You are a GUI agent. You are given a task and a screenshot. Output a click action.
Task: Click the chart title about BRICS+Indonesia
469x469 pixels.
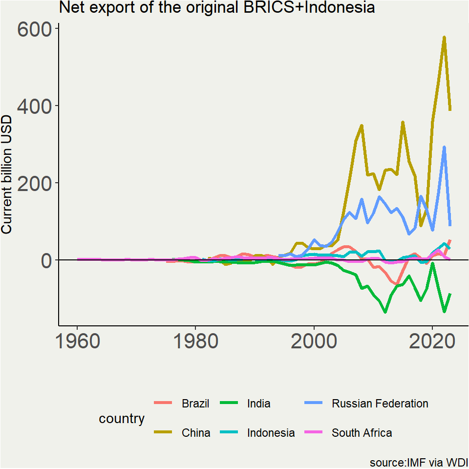coord(217,8)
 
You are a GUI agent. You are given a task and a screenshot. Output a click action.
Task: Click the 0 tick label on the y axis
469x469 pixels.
coord(46,260)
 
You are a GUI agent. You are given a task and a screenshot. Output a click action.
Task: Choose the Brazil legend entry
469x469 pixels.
coord(195,404)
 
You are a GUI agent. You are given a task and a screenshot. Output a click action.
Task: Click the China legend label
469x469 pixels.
coord(196,433)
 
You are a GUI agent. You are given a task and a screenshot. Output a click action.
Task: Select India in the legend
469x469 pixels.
coord(258,404)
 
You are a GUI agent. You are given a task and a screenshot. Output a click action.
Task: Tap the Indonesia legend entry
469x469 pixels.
coord(271,433)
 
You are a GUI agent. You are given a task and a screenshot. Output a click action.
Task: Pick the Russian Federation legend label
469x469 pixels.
coord(380,404)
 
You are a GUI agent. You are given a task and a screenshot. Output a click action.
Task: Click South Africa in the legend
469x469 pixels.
coord(362,433)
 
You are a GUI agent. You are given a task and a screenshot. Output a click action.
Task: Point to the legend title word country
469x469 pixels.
coord(122,419)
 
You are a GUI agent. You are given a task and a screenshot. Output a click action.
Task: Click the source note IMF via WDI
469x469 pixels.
coord(419,462)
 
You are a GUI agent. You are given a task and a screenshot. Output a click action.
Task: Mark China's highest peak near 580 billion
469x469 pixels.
coord(444,37)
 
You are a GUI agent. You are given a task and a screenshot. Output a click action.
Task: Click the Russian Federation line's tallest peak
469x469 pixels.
coord(444,147)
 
